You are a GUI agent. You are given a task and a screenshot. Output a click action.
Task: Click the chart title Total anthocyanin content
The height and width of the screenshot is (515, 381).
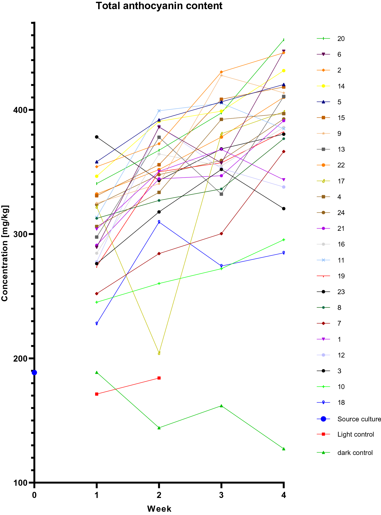click(159, 6)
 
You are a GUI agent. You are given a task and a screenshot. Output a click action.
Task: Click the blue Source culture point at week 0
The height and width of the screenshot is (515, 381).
click(34, 373)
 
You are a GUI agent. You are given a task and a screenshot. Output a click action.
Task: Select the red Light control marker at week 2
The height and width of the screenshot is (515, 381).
click(159, 378)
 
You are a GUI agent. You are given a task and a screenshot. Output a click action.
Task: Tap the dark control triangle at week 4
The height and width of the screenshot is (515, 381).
click(284, 449)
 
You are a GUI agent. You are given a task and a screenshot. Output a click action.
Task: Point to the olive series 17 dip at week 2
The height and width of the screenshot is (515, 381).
click(159, 353)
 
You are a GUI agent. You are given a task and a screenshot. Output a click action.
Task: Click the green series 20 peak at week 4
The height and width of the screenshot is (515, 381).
click(284, 40)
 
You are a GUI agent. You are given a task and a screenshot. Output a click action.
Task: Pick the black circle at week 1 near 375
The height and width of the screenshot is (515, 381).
click(97, 137)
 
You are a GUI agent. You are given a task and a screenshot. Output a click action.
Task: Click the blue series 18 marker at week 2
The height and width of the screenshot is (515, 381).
click(159, 222)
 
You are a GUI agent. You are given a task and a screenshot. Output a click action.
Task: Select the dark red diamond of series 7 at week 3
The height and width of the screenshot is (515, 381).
click(221, 234)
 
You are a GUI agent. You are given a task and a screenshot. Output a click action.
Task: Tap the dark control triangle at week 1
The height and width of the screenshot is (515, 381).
click(97, 373)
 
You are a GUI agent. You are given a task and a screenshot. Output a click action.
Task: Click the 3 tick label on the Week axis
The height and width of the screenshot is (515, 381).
click(221, 495)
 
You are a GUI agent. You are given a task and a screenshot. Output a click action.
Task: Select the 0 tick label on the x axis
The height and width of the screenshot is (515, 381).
click(34, 495)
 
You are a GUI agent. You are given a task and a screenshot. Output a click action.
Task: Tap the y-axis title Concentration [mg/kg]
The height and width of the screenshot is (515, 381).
click(5, 253)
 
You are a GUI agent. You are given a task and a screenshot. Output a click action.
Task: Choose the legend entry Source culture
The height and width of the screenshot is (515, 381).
click(359, 419)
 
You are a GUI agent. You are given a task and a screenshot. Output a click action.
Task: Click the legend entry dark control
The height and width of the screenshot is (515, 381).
click(355, 453)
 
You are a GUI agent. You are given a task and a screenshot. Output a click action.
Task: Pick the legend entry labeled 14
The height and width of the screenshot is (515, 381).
click(341, 86)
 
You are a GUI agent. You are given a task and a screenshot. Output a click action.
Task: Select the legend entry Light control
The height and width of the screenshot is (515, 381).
click(355, 434)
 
